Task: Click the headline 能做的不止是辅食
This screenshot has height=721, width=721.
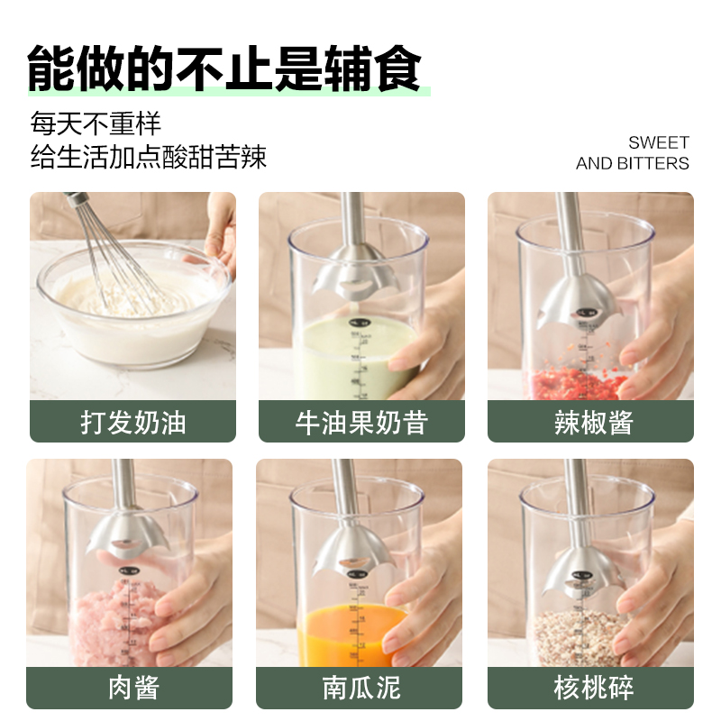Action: (x=224, y=68)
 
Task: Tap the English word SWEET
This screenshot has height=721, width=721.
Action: (x=659, y=142)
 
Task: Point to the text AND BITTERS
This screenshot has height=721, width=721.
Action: (x=633, y=163)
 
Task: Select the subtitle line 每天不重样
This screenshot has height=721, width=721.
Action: (x=96, y=123)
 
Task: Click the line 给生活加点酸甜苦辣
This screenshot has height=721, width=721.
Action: (x=148, y=157)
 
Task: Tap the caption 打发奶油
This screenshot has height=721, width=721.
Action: (x=132, y=422)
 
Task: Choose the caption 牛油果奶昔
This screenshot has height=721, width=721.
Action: (x=361, y=422)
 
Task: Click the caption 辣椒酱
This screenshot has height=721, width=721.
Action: (x=593, y=422)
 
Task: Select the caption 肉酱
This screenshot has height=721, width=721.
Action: (x=133, y=688)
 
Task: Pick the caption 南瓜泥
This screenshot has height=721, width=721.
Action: (x=361, y=688)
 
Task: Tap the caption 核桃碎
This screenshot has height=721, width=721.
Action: (x=593, y=688)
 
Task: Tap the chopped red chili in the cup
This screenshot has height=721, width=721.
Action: (x=577, y=382)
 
